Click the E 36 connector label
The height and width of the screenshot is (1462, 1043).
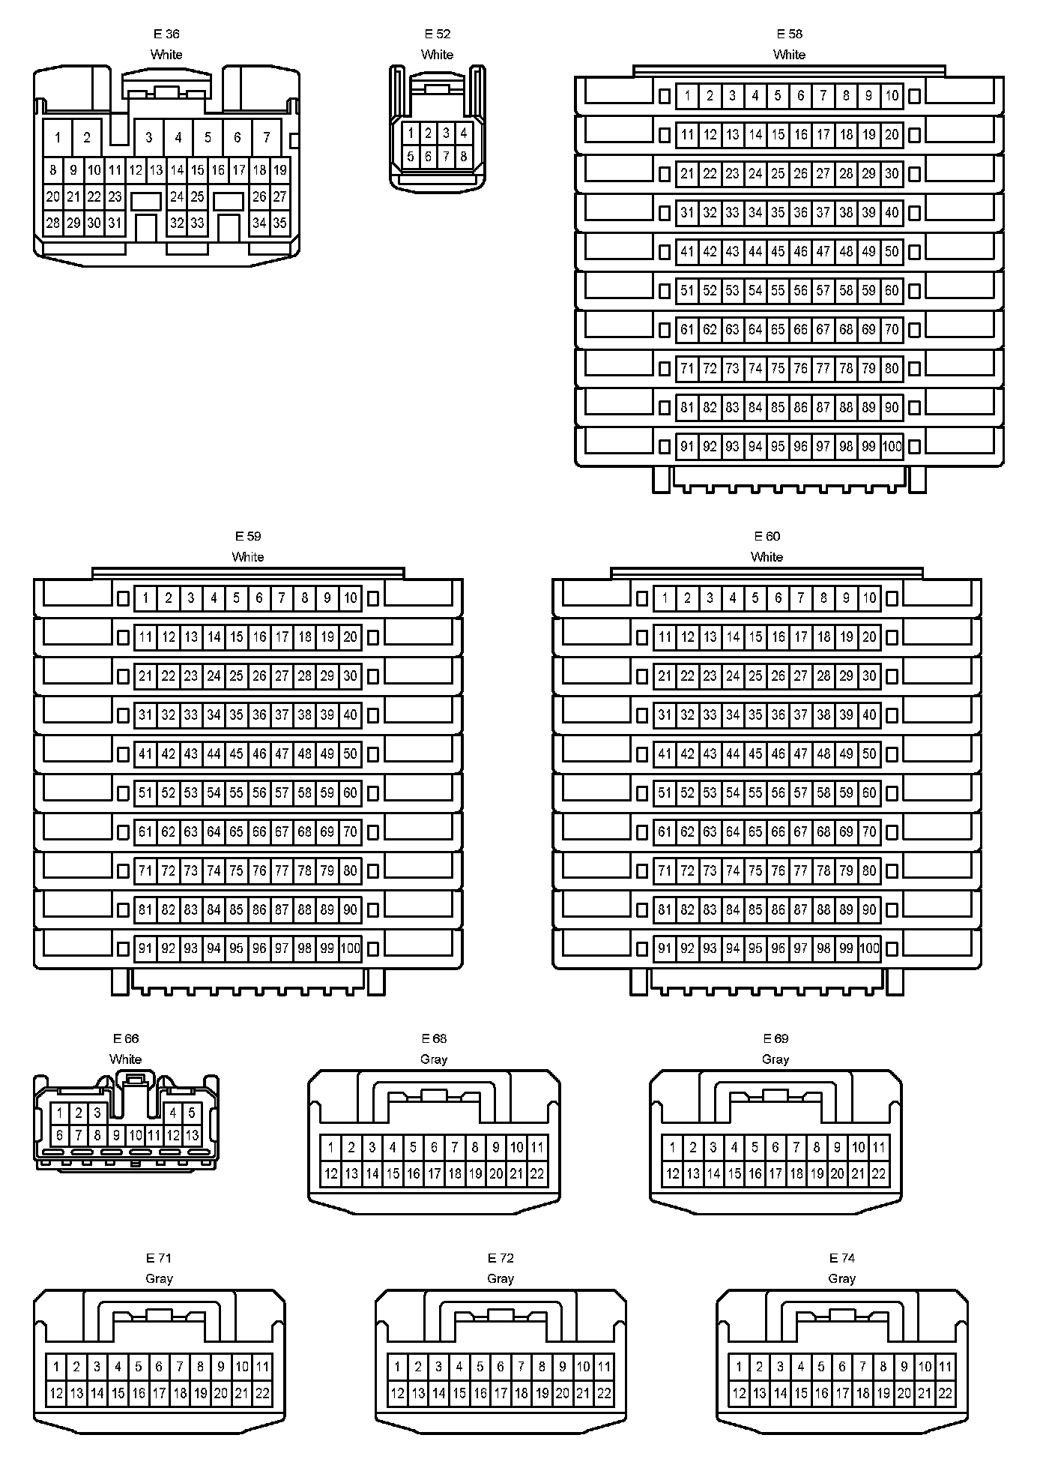(166, 34)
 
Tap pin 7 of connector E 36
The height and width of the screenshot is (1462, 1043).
(267, 137)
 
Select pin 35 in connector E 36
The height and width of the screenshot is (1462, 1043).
(279, 223)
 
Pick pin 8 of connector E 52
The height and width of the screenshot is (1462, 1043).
(464, 157)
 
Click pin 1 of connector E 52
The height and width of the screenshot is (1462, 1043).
(411, 133)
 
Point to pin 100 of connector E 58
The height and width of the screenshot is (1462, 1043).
(892, 447)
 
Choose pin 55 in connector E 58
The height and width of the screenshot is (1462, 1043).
(778, 291)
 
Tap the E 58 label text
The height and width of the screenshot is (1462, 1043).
(789, 34)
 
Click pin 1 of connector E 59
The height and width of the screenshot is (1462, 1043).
(145, 598)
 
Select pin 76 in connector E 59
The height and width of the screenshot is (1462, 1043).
(259, 871)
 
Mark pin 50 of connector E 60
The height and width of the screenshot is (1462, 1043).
(869, 754)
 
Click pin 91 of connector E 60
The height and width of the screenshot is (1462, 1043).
(665, 949)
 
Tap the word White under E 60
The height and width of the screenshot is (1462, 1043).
(767, 557)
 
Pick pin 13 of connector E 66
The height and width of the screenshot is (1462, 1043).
(192, 1135)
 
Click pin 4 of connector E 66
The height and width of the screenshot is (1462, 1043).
(173, 1113)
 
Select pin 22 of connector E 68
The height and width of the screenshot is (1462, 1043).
(537, 1174)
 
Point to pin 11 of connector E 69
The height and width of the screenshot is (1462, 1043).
(879, 1147)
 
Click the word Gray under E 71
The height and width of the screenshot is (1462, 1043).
(159, 1279)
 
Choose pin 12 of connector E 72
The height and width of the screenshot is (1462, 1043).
(397, 1394)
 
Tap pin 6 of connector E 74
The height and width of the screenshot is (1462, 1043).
(842, 1367)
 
